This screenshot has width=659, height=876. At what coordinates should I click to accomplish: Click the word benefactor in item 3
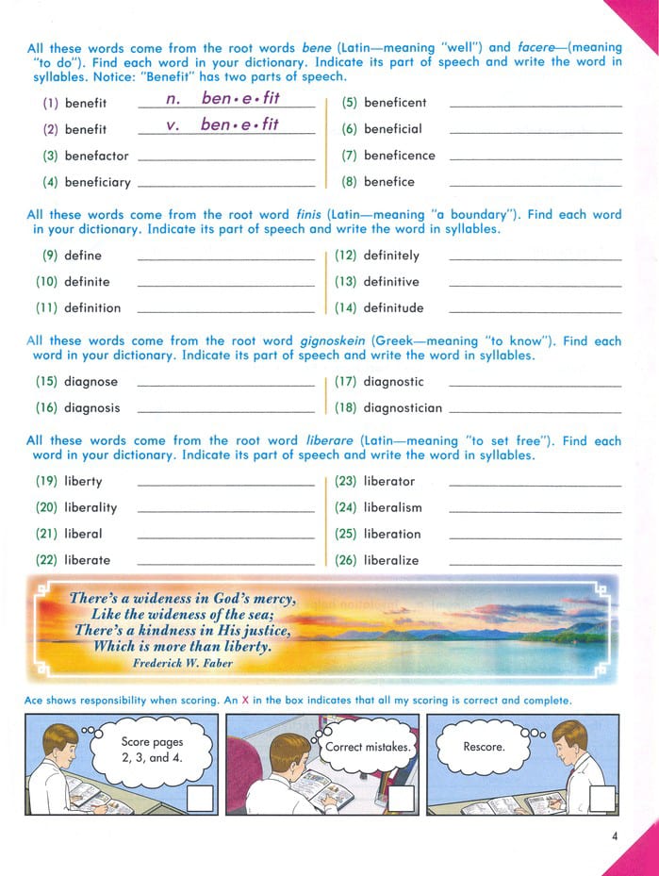click(x=96, y=156)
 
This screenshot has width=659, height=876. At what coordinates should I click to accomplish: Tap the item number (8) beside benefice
click(x=349, y=182)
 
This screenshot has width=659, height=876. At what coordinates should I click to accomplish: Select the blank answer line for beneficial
click(x=535, y=133)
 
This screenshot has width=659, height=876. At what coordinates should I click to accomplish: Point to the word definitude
click(x=393, y=308)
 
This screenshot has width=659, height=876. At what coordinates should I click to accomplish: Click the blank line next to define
click(x=226, y=259)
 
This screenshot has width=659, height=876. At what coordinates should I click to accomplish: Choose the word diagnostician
click(x=403, y=408)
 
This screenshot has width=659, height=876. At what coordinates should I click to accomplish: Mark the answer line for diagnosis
click(x=226, y=413)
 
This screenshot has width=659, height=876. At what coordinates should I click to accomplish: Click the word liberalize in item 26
click(x=390, y=560)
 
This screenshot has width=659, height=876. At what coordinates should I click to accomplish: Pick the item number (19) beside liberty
click(x=46, y=481)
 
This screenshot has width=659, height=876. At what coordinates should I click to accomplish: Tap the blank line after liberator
click(x=535, y=486)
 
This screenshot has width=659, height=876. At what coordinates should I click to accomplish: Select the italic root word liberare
click(x=328, y=440)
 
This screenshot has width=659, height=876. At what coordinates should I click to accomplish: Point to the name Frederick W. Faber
click(x=182, y=664)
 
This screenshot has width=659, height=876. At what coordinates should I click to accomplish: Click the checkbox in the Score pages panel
click(x=201, y=799)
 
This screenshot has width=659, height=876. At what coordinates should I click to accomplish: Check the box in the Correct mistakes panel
click(x=402, y=799)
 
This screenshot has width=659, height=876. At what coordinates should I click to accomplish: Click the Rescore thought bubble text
click(x=484, y=747)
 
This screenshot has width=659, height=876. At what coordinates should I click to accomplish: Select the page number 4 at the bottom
click(x=614, y=835)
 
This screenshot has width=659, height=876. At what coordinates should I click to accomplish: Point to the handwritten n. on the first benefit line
click(x=172, y=98)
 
